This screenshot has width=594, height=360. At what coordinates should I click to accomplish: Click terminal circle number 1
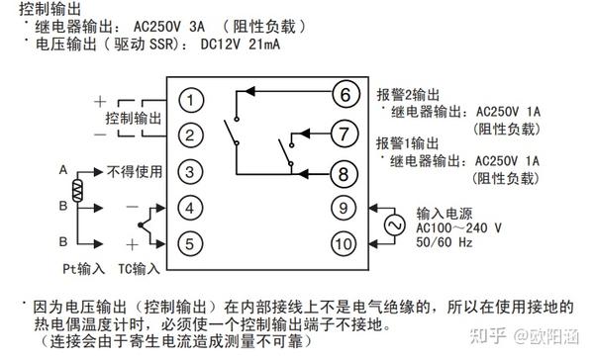tap(193, 99)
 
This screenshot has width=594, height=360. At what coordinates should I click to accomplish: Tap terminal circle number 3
tap(193, 172)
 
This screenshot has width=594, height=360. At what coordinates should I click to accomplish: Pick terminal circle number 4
tap(193, 208)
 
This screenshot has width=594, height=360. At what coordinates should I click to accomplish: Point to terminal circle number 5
tap(193, 243)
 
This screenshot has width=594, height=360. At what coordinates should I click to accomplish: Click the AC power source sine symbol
tap(391, 225)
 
